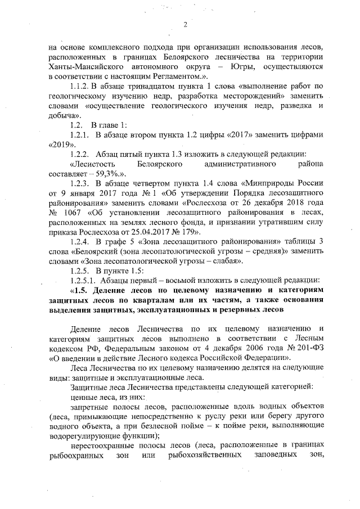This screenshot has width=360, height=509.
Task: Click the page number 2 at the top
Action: coord(184,24)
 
